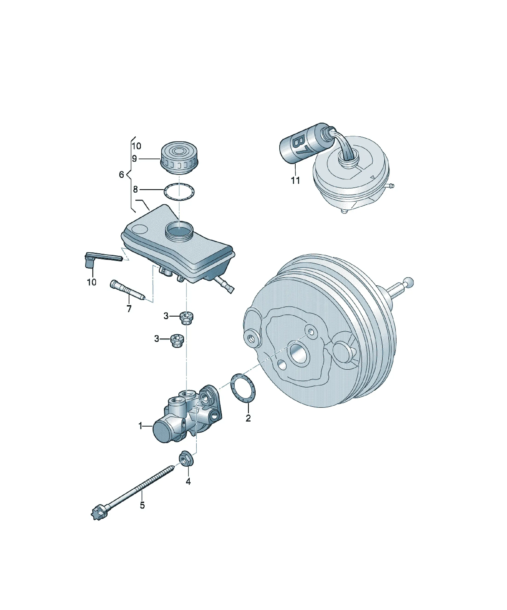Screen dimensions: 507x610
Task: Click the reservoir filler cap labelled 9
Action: (179, 158)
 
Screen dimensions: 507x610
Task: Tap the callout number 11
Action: (295, 180)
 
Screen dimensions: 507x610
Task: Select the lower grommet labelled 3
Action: (177, 341)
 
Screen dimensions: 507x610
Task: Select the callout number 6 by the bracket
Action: (122, 175)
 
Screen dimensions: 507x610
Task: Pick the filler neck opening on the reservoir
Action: (179, 229)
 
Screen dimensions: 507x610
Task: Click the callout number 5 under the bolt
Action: (142, 505)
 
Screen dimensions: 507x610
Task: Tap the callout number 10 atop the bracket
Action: (136, 146)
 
